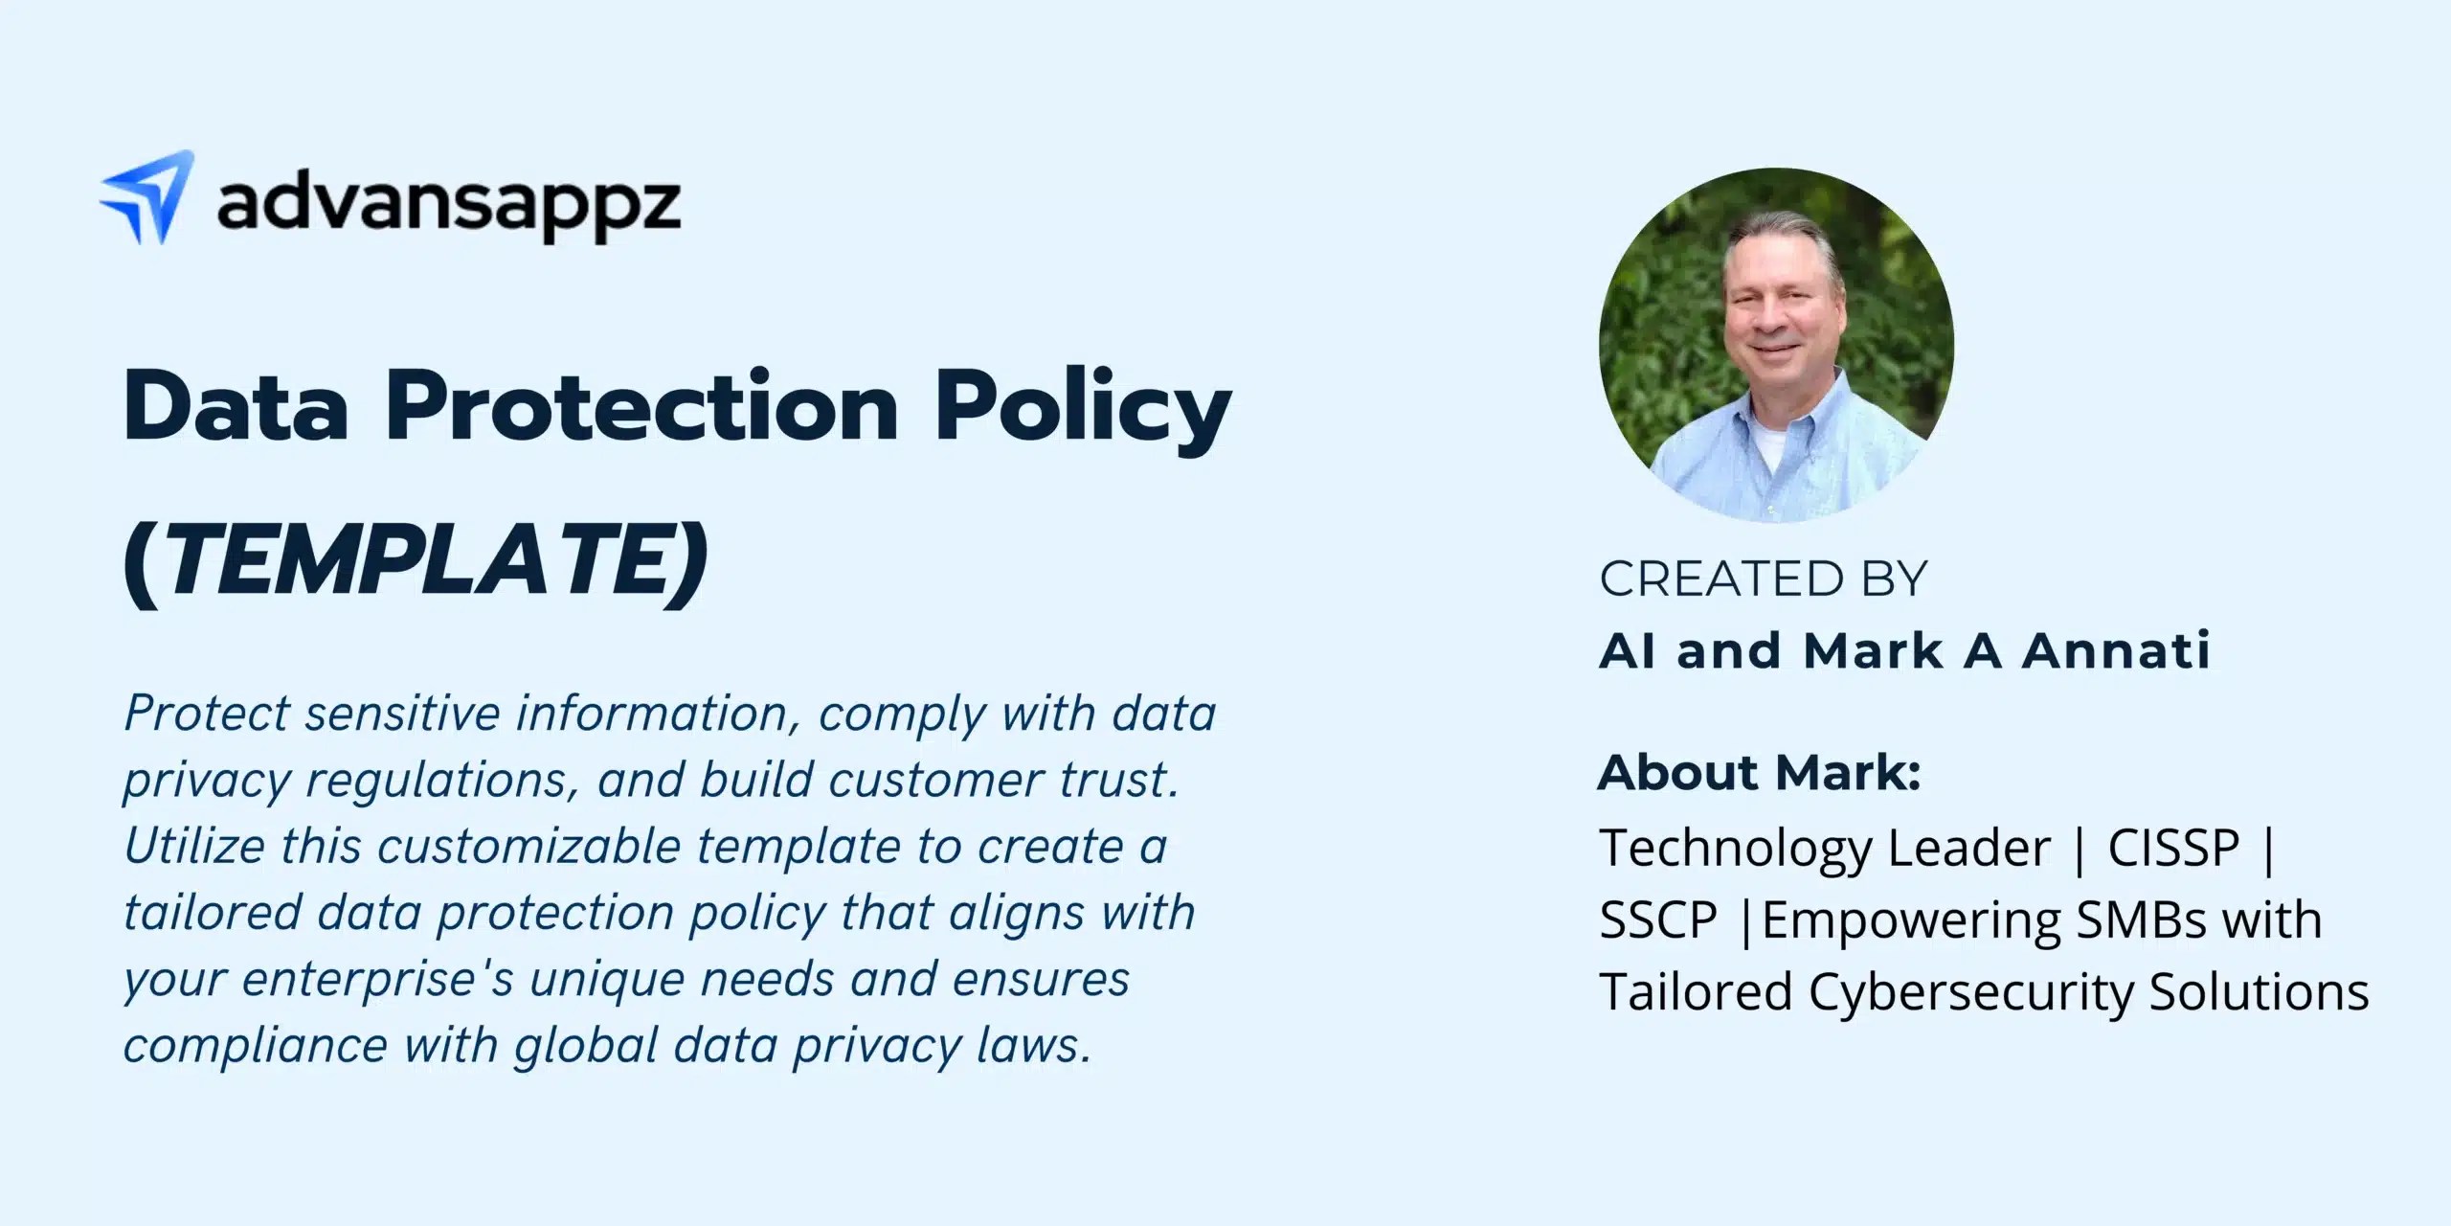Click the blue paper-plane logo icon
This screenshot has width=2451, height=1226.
(x=148, y=197)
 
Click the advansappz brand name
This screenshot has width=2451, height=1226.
(x=449, y=205)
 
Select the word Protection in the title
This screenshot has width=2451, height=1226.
(x=641, y=407)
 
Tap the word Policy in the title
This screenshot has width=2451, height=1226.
(x=1083, y=412)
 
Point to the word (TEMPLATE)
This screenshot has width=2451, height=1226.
(x=416, y=564)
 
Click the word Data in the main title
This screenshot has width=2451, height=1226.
(x=236, y=407)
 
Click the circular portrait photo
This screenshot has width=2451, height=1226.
(x=1776, y=345)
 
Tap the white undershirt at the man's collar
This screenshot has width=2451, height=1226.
(x=1772, y=445)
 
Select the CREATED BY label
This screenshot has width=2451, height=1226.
(x=1763, y=579)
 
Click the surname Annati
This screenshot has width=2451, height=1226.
(x=2115, y=651)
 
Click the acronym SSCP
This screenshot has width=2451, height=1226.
(x=1658, y=919)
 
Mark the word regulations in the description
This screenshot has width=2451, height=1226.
(x=442, y=782)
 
